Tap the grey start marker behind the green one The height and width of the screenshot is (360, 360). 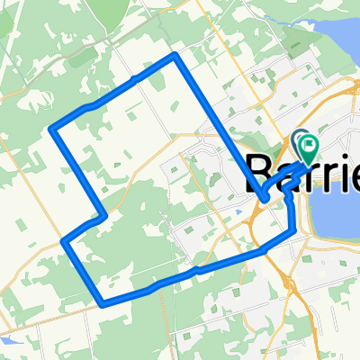click(300, 140)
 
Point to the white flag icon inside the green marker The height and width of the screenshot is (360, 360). click(310, 143)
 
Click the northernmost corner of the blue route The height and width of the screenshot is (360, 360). click(175, 57)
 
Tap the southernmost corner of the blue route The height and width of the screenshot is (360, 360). click(102, 302)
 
